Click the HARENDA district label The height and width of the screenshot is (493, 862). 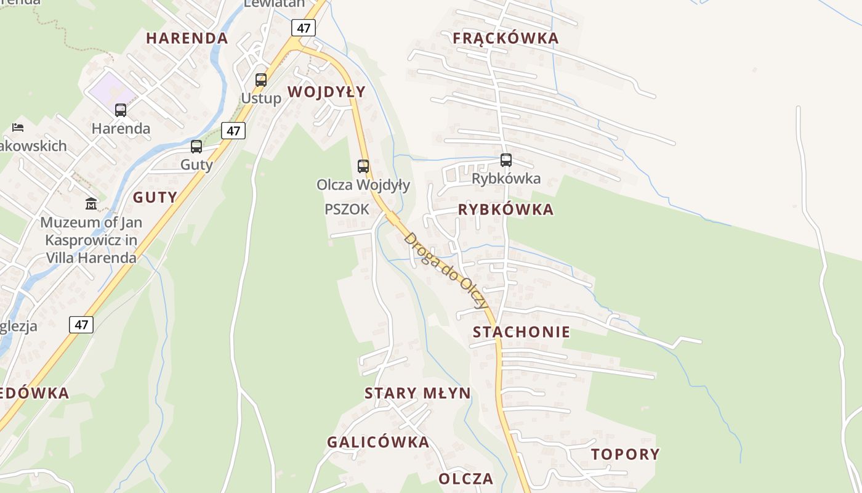[x=187, y=38]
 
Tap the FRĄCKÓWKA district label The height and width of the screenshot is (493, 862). [x=506, y=38]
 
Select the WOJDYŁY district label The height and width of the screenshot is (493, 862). [x=326, y=92]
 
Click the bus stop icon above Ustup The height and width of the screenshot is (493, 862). [x=261, y=80]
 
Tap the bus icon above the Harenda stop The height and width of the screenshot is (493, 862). [x=121, y=110]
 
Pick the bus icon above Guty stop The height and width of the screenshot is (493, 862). [x=196, y=147]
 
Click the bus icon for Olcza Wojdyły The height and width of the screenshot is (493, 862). [x=363, y=166]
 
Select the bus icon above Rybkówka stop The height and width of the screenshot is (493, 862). [x=506, y=160]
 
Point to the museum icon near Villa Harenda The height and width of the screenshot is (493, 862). [x=91, y=203]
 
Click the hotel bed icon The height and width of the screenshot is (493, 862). [x=18, y=128]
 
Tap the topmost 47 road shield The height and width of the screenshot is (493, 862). [x=304, y=28]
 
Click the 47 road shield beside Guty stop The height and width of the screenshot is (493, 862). [x=233, y=131]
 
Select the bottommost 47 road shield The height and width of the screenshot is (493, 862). [x=81, y=325]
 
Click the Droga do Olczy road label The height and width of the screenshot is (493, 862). [x=446, y=271]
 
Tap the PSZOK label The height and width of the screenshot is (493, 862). [x=347, y=210]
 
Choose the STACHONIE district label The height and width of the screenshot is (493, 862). [x=522, y=332]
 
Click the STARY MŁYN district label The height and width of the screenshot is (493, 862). [x=417, y=393]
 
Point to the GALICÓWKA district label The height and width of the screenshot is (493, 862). [x=378, y=442]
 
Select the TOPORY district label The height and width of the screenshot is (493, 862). [x=625, y=455]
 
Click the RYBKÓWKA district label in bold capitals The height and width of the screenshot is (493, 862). [x=506, y=210]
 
